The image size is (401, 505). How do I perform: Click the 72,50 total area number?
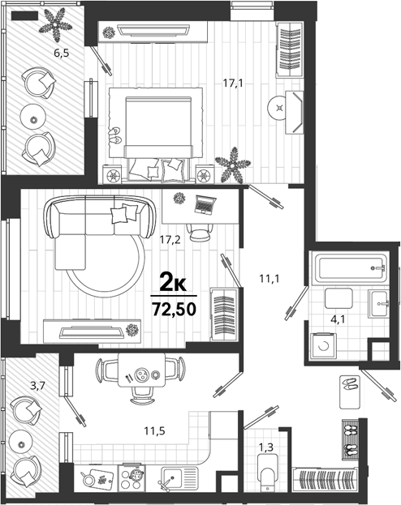(175, 310)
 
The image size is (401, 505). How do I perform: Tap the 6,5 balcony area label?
(62, 53)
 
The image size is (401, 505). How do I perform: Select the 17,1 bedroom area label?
(233, 83)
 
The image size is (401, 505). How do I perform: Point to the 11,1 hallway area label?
(269, 278)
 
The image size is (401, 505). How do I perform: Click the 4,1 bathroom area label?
(338, 319)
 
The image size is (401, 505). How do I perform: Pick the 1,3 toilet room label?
(266, 447)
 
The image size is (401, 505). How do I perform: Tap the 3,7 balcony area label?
(37, 386)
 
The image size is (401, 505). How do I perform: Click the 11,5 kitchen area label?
(154, 430)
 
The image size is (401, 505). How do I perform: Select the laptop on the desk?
(205, 205)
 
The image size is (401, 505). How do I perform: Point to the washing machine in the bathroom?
(323, 346)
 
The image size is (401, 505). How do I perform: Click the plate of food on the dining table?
(141, 374)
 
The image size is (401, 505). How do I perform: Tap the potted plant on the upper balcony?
(55, 25)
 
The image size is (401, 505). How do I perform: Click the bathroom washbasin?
(379, 303)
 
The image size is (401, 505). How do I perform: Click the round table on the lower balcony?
(21, 444)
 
